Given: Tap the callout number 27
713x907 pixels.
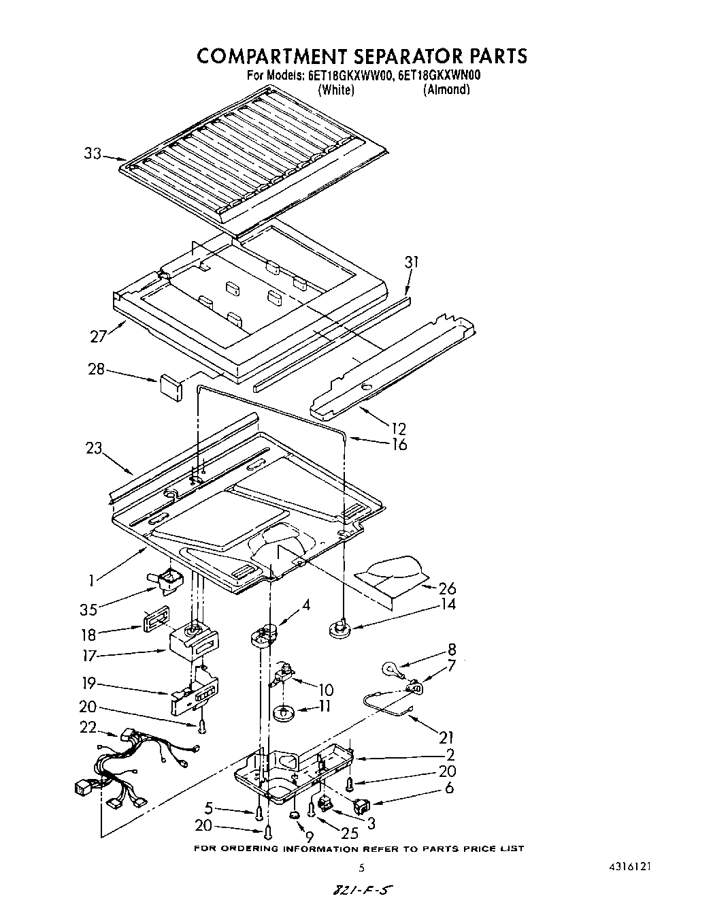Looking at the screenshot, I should point(98,336).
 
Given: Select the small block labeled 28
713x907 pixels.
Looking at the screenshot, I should point(170,385).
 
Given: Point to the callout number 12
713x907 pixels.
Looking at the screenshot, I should point(398,428).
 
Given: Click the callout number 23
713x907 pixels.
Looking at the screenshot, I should point(94,447).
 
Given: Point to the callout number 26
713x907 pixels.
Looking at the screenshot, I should point(447,588).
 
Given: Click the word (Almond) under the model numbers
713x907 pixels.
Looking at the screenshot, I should point(446,89).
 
